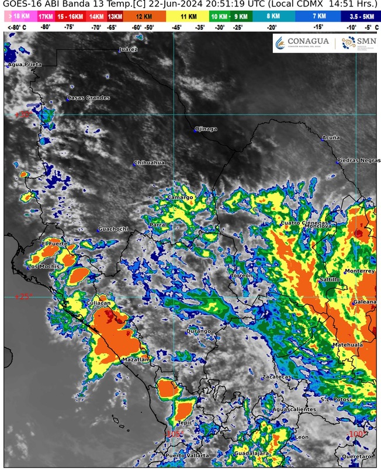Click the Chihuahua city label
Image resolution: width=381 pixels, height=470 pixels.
(150, 163)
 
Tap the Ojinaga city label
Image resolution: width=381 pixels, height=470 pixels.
(206, 129)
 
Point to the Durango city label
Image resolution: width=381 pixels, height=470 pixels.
(198, 331)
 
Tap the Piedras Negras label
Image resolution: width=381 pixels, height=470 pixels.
(358, 160)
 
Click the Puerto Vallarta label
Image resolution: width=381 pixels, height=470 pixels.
(186, 455)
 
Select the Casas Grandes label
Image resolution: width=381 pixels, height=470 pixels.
(88, 98)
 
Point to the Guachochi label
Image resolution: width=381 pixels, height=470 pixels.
(113, 229)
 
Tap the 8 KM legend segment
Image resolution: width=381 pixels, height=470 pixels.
(273, 17)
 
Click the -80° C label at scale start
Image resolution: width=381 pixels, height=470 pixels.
(15, 27)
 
